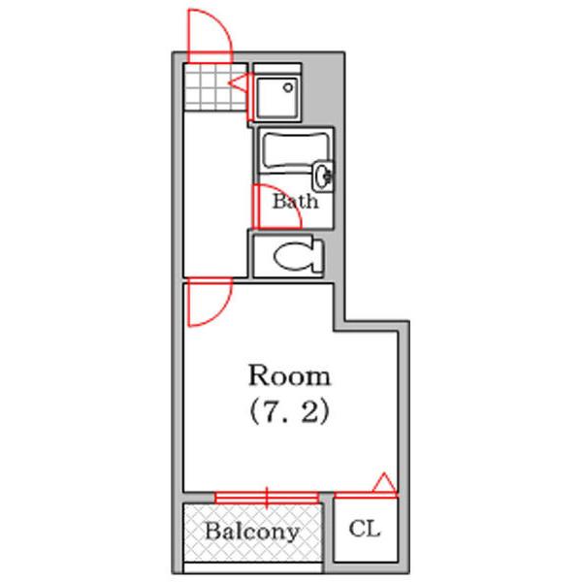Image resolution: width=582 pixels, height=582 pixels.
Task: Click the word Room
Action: point(289,375)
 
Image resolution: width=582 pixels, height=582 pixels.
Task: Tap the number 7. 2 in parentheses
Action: point(289,412)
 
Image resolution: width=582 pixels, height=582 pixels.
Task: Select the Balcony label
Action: point(252,532)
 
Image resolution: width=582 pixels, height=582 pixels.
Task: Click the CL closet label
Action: point(365,529)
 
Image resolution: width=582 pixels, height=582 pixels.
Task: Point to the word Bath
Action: point(296,202)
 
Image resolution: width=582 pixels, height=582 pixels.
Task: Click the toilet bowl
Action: point(298,256)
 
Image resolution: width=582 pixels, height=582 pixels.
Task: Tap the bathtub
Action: point(296,152)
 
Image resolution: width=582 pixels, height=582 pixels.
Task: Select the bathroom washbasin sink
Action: point(323,176)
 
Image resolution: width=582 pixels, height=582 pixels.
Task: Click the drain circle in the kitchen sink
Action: point(288,88)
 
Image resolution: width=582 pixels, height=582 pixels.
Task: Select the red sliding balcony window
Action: point(267,498)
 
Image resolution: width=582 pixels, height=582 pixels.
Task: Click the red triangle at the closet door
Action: point(384,483)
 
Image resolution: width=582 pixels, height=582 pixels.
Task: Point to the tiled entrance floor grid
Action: point(215,87)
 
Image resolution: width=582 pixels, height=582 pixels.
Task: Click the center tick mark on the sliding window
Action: point(267,498)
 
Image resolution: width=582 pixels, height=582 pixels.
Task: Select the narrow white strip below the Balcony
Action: point(253,567)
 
